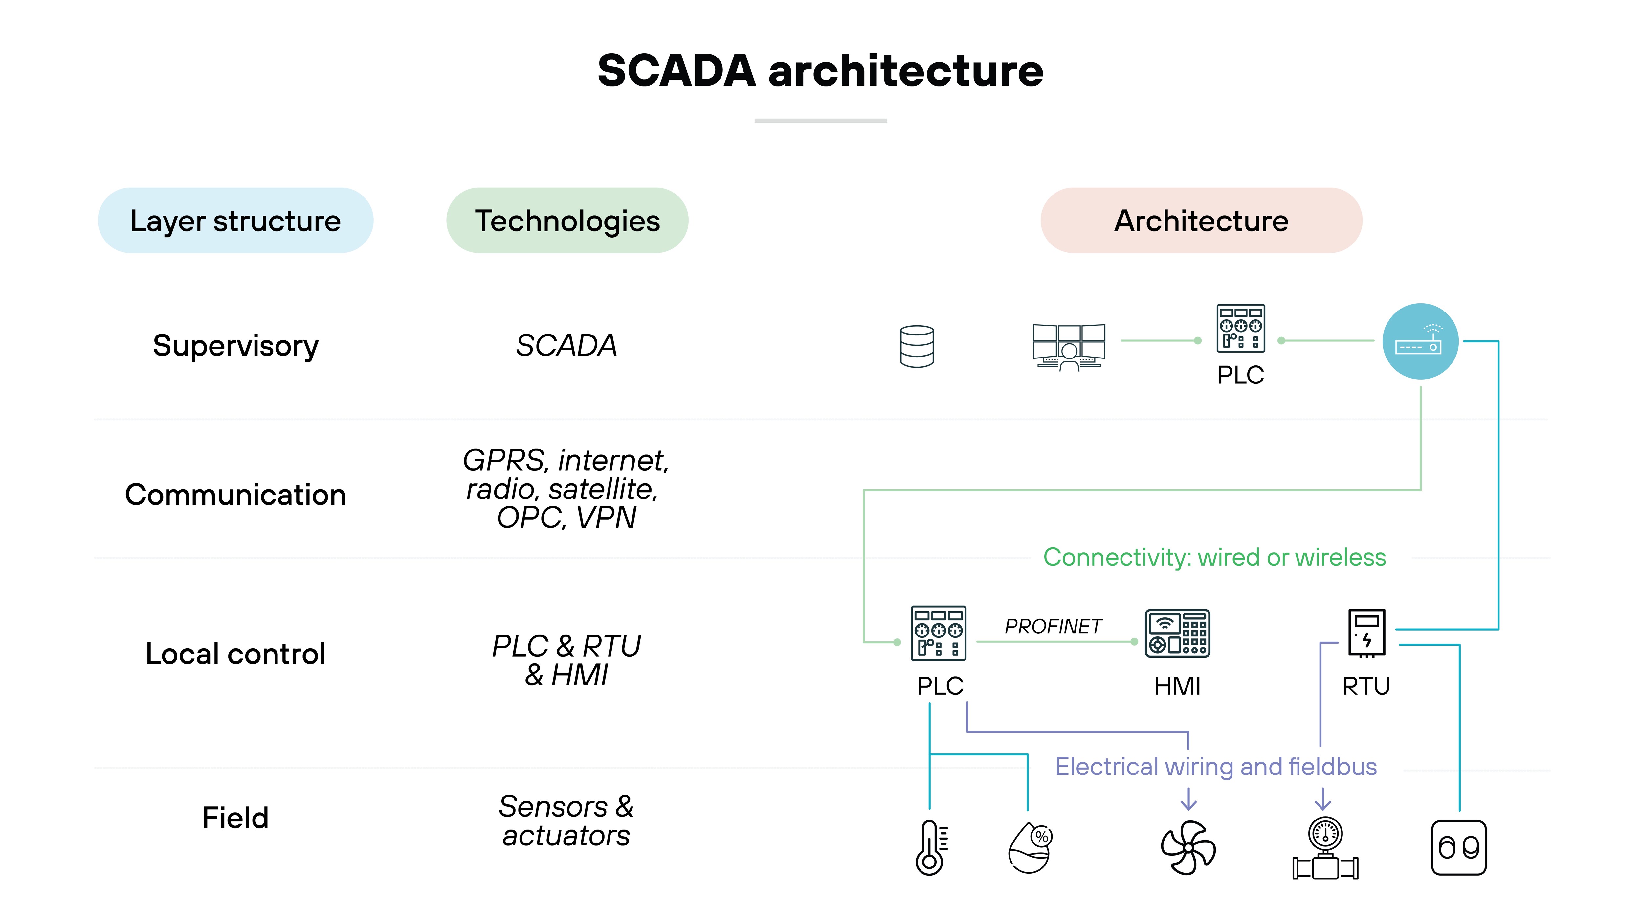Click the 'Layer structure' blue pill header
tap(235, 220)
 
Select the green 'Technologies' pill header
tap(567, 220)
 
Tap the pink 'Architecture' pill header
tap(1201, 220)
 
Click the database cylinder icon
tap(917, 346)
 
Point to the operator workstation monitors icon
tap(1069, 346)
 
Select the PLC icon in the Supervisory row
tap(1240, 328)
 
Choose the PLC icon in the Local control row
tap(938, 633)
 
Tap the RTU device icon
tap(1366, 633)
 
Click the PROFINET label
tap(1053, 626)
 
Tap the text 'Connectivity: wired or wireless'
tap(1214, 557)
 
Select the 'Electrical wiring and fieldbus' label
tap(1215, 767)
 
